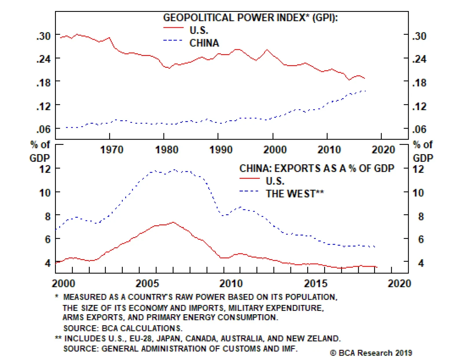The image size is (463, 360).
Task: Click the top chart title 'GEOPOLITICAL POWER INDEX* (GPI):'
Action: click(250, 18)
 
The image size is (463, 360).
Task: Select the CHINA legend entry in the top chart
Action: click(204, 43)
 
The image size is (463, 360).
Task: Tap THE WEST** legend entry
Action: click(295, 193)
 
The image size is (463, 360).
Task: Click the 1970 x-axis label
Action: click(112, 150)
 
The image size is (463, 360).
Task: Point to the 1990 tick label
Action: click(221, 150)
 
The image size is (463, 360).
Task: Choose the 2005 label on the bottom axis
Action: click(147, 283)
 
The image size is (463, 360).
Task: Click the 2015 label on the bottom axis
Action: click(316, 283)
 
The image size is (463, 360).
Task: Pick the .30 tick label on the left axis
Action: click(43, 36)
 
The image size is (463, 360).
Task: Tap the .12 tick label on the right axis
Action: click(419, 106)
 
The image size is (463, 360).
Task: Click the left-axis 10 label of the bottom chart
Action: click(45, 193)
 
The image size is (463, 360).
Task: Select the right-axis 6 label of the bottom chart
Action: click(421, 239)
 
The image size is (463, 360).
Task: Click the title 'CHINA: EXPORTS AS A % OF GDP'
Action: click(317, 168)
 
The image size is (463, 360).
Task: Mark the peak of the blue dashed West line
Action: click(174, 170)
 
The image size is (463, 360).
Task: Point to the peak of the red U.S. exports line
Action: click(173, 222)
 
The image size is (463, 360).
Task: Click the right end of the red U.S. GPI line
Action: click(364, 78)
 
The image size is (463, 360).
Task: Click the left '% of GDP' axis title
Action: click(40, 151)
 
